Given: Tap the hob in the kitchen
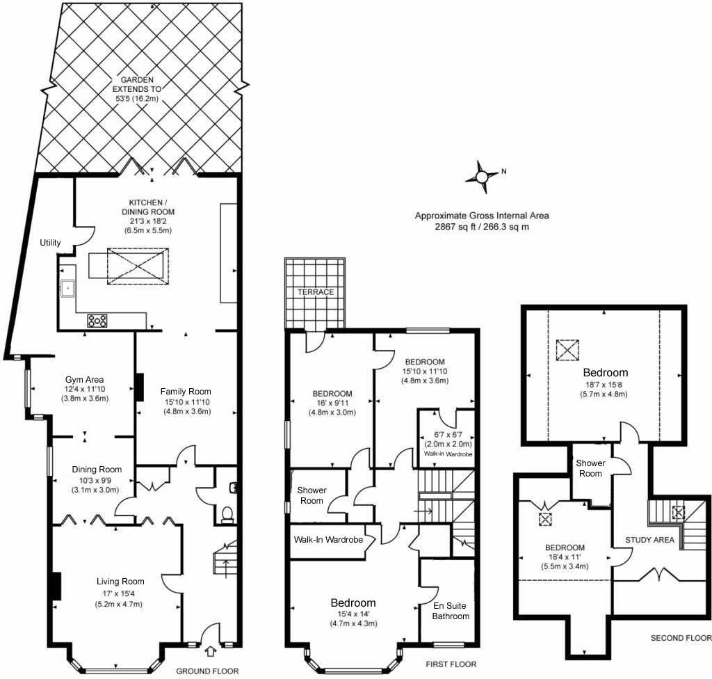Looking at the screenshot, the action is (x=97, y=321).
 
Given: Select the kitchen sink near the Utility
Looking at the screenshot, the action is (x=67, y=288).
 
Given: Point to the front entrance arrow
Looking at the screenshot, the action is (x=210, y=651).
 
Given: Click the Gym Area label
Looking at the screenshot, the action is (x=84, y=379).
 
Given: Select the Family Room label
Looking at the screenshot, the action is (x=186, y=391).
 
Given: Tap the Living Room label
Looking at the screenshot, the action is (x=120, y=582).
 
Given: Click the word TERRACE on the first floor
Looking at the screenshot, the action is (x=316, y=292).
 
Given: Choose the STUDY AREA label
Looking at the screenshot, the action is (x=650, y=540).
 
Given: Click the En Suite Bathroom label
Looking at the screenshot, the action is (x=451, y=611).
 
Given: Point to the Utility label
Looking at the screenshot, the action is (x=50, y=243).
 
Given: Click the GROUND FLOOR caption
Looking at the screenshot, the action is (x=207, y=671).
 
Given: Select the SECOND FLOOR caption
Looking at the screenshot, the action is (x=681, y=638).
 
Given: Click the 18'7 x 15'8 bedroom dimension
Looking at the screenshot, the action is (x=604, y=385).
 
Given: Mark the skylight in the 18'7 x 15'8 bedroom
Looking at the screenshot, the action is (x=567, y=350).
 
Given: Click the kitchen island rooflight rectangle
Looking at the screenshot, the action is (x=138, y=266).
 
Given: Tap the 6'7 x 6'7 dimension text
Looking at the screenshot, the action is (x=448, y=435).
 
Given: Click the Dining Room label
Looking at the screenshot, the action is (x=97, y=470).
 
